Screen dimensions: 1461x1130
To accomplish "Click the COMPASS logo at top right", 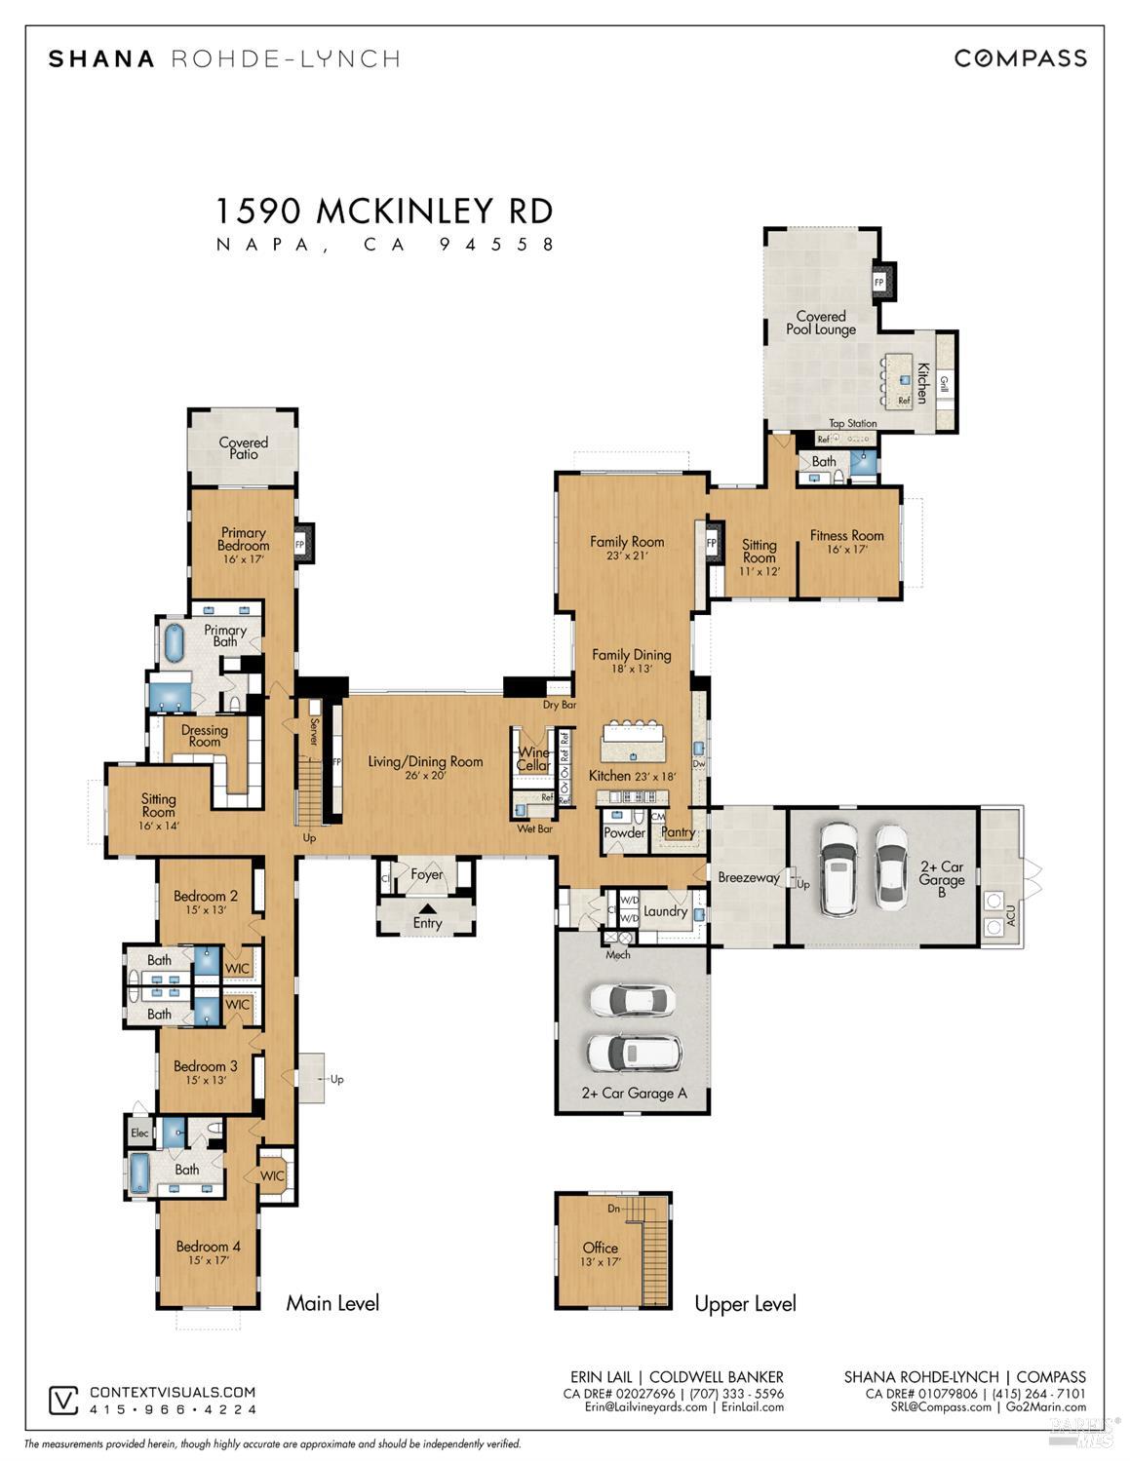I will click(x=1020, y=58).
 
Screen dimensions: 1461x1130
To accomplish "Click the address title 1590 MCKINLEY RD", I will click(x=384, y=211).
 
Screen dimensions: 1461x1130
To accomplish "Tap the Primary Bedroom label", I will click(x=243, y=539).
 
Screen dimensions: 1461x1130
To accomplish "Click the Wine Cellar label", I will click(x=533, y=759).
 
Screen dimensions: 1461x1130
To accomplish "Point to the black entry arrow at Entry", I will click(x=427, y=908).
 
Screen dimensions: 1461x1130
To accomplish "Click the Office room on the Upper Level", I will click(x=600, y=1253).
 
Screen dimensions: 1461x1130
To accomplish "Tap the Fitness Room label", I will click(x=846, y=535).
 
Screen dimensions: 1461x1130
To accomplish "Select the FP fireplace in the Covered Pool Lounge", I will click(x=879, y=283).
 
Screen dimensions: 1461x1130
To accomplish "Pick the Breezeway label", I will click(x=748, y=877).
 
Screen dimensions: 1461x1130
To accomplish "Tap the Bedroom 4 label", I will click(x=208, y=1246).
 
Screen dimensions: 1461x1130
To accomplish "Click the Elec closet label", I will click(x=139, y=1133).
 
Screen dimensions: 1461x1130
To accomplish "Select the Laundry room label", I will click(x=666, y=911).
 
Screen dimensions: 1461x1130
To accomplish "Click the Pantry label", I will click(x=678, y=832).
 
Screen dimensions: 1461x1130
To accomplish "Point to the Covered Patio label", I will click(x=243, y=448).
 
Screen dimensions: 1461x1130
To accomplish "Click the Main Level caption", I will click(x=332, y=1303).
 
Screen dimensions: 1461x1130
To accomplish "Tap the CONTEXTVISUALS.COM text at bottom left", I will click(x=173, y=1392).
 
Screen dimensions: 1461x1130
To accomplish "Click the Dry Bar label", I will click(x=559, y=705).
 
